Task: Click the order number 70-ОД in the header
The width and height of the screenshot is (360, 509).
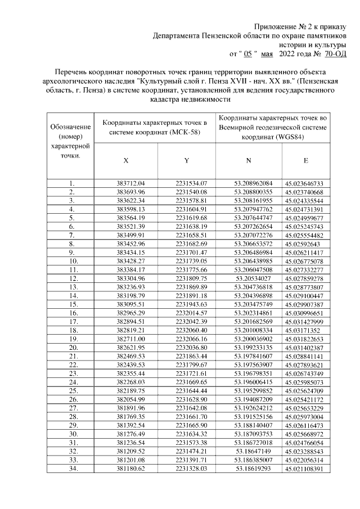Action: pyautogui.click(x=336, y=53)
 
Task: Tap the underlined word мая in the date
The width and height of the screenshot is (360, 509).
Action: pyautogui.click(x=267, y=53)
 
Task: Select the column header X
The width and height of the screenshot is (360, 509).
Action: pyautogui.click(x=126, y=160)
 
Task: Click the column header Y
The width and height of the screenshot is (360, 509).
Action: pyautogui.click(x=186, y=160)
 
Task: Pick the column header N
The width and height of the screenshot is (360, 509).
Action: pyautogui.click(x=248, y=160)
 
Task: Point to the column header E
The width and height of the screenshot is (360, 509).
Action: pyautogui.click(x=305, y=160)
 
